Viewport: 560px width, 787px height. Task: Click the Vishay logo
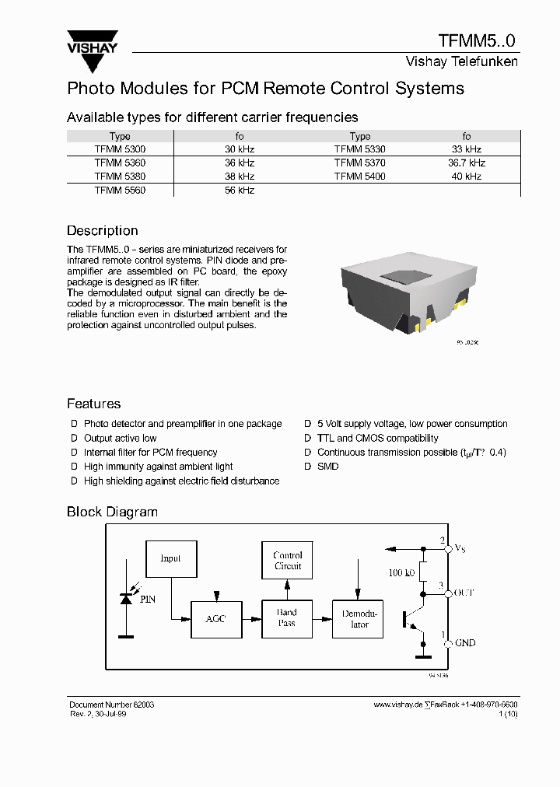pyautogui.click(x=91, y=44)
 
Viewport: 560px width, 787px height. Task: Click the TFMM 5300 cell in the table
pyautogui.click(x=120, y=149)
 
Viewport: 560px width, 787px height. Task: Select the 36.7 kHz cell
pyautogui.click(x=466, y=163)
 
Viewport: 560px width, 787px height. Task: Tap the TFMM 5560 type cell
pyautogui.click(x=120, y=190)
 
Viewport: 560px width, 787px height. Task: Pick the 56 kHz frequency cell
pyautogui.click(x=240, y=190)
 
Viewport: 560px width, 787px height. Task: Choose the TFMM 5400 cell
pyautogui.click(x=359, y=177)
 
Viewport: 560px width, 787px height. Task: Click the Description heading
pyautogui.click(x=102, y=231)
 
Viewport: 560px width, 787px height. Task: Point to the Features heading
pyautogui.click(x=93, y=404)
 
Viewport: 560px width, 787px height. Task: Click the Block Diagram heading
pyautogui.click(x=112, y=512)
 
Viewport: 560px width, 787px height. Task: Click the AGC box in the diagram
pyautogui.click(x=215, y=619)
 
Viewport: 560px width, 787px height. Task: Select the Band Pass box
pyautogui.click(x=287, y=618)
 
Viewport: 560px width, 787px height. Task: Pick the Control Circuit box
pyautogui.click(x=287, y=561)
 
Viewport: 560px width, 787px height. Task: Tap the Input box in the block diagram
pyautogui.click(x=170, y=558)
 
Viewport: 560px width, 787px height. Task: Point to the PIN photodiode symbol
pyautogui.click(x=125, y=597)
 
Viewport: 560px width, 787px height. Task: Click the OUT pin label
pyautogui.click(x=464, y=593)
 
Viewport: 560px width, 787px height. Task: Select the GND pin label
pyautogui.click(x=465, y=643)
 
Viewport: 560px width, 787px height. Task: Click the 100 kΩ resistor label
pyautogui.click(x=401, y=573)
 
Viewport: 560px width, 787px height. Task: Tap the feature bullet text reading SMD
pyautogui.click(x=327, y=467)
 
